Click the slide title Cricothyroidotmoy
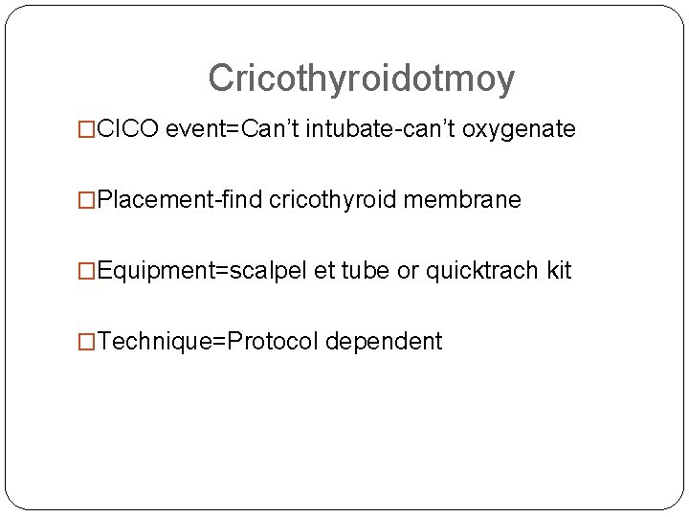click(361, 79)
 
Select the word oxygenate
click(519, 129)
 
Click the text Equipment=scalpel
click(202, 271)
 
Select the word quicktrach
click(482, 271)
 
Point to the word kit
click(559, 271)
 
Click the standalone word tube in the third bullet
click(365, 271)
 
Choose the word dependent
click(384, 342)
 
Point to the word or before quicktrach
click(409, 271)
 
